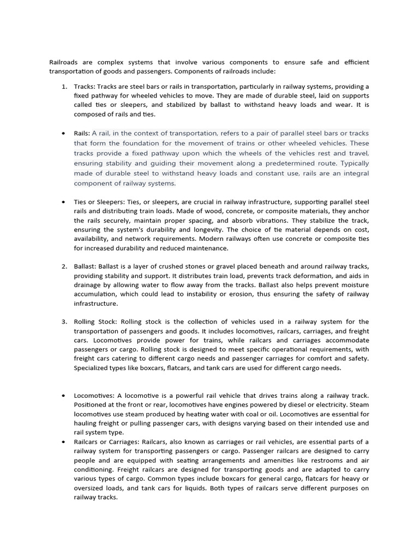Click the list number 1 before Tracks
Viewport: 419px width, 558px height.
(64, 87)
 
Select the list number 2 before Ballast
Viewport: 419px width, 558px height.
(64, 266)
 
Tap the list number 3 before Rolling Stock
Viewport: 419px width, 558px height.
(64, 322)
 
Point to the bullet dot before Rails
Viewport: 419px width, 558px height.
(63, 134)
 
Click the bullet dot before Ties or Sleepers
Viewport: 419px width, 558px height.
(63, 202)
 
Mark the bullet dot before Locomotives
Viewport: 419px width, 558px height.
(63, 395)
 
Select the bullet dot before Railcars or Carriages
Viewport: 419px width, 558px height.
(63, 441)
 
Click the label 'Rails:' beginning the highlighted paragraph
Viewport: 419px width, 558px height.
(82, 134)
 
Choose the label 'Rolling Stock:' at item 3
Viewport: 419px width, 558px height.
(96, 322)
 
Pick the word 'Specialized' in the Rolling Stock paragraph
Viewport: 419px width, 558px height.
(93, 368)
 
